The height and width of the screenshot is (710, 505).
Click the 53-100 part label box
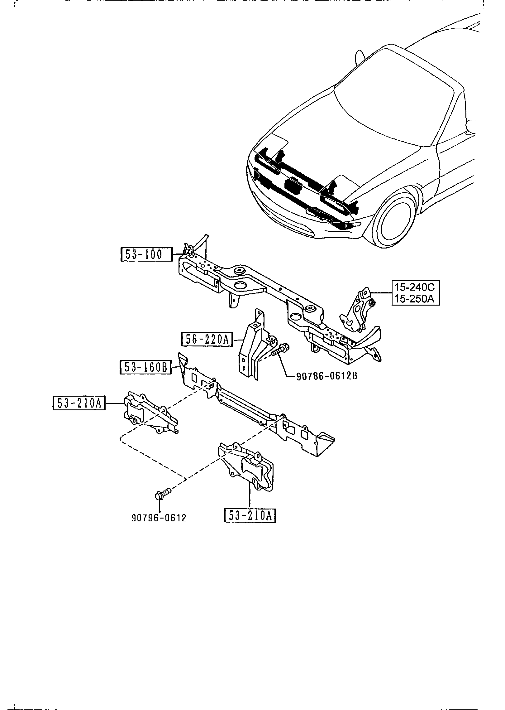[146, 255]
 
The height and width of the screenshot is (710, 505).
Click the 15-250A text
[416, 299]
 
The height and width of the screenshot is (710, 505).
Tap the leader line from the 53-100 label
[177, 254]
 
